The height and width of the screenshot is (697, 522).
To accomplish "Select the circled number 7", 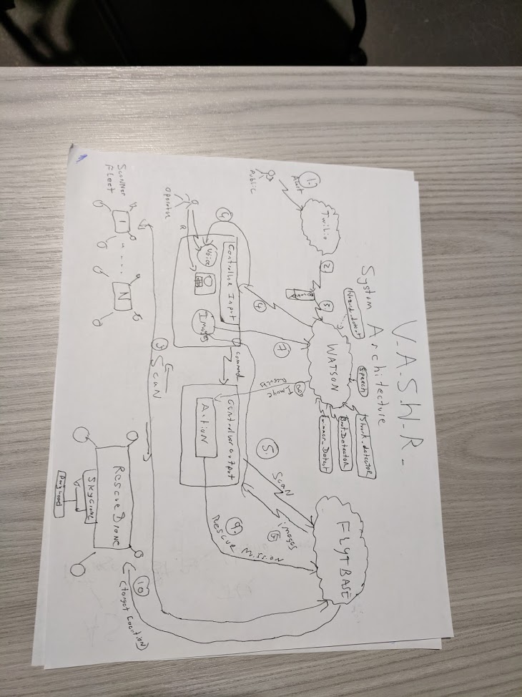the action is tap(280, 351).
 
